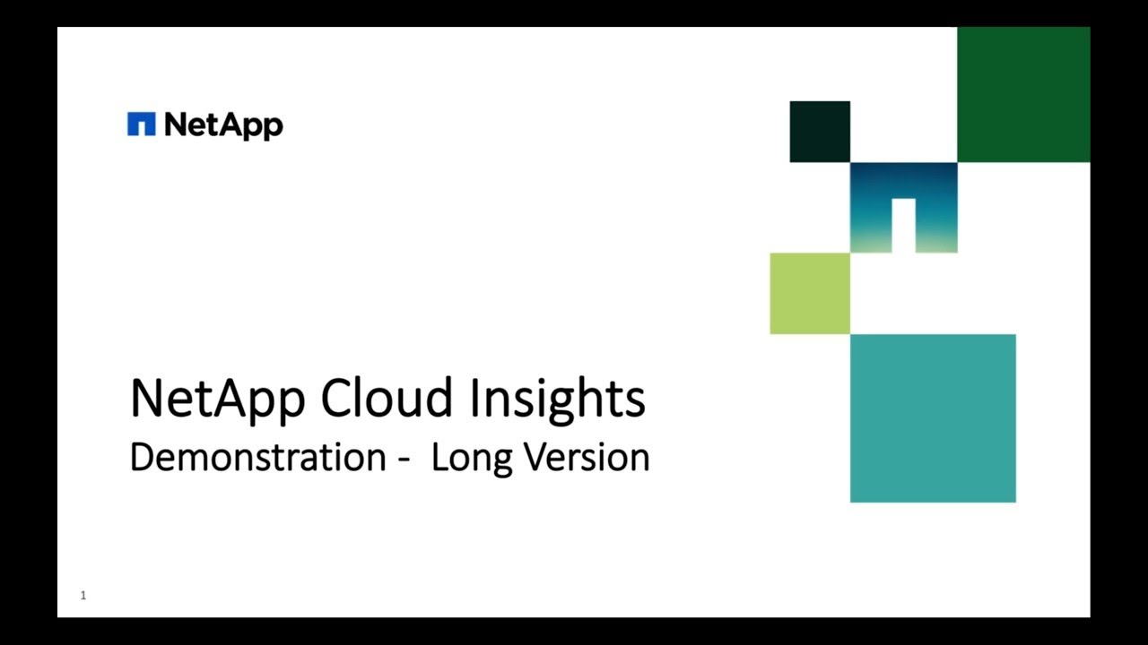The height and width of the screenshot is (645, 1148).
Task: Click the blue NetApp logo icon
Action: tap(142, 125)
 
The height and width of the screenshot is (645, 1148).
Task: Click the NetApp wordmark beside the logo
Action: tap(223, 126)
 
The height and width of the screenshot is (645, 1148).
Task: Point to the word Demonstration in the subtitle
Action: tap(257, 457)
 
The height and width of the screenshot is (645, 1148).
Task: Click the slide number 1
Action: tap(83, 596)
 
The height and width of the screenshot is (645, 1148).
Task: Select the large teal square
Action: tap(933, 417)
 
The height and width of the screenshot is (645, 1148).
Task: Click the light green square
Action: tap(810, 293)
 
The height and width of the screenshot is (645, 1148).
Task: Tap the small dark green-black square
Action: tap(820, 132)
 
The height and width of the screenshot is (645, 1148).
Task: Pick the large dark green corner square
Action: tap(1023, 94)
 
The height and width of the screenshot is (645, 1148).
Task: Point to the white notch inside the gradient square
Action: tap(903, 225)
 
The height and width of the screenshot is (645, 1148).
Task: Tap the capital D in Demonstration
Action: tap(141, 457)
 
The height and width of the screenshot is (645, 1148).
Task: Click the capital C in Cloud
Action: tap(335, 399)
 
